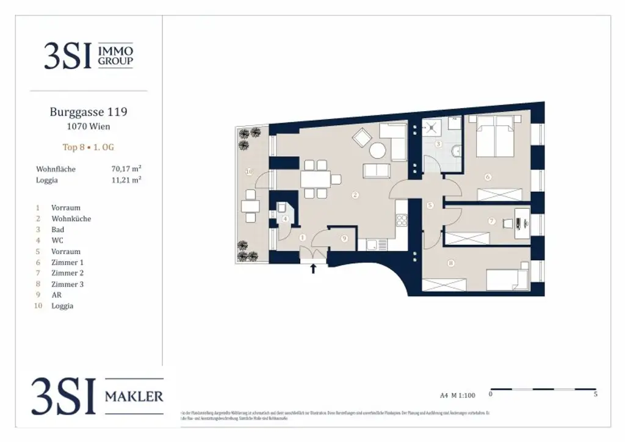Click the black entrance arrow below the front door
pyautogui.click(x=314, y=267)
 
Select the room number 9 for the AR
pyautogui.click(x=344, y=239)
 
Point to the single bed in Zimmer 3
pyautogui.click(x=507, y=279)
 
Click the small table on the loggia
pyautogui.click(x=248, y=205)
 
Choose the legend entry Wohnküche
pyautogui.click(x=71, y=219)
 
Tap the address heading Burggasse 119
pyautogui.click(x=89, y=112)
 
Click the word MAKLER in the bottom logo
pyautogui.click(x=134, y=396)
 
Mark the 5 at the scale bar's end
pyautogui.click(x=595, y=395)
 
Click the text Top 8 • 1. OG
pyautogui.click(x=89, y=147)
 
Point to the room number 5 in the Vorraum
pyautogui.click(x=430, y=206)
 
